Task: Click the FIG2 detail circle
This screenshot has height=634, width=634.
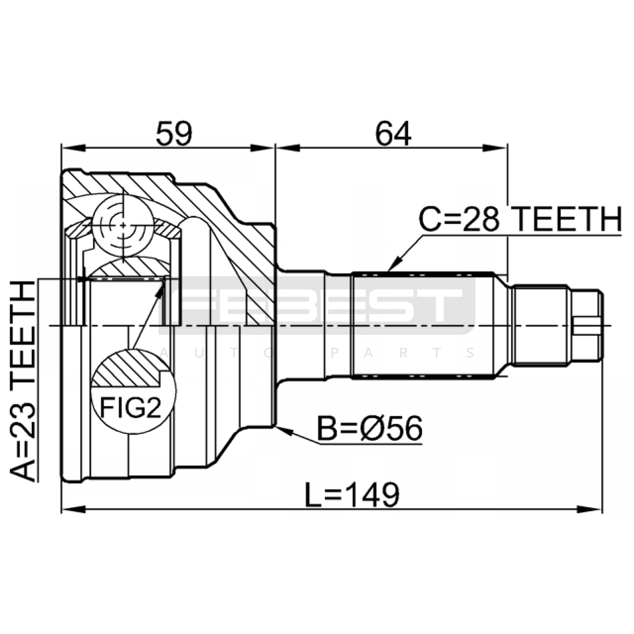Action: (x=133, y=391)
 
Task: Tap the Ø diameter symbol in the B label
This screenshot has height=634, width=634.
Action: (x=372, y=429)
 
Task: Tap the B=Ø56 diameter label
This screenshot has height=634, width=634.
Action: (x=370, y=429)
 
